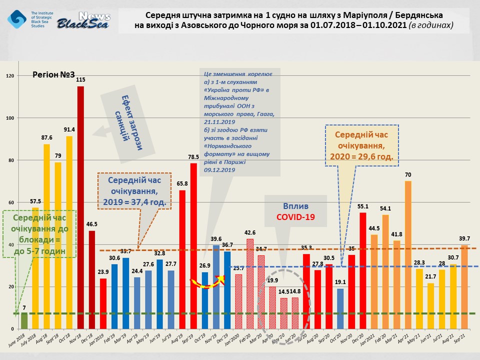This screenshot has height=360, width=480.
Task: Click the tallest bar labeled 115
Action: (x=80, y=207)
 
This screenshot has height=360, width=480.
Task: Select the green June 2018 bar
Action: (x=24, y=320)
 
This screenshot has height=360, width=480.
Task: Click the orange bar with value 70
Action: (x=408, y=254)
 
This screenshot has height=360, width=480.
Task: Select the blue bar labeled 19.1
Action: (x=340, y=308)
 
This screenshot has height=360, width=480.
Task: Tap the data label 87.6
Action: (x=46, y=138)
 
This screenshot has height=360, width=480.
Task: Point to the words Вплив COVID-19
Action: (x=295, y=211)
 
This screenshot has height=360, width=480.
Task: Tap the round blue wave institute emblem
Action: (x=17, y=19)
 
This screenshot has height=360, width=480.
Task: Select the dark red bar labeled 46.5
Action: (x=91, y=279)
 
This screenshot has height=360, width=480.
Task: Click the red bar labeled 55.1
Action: (x=362, y=270)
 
